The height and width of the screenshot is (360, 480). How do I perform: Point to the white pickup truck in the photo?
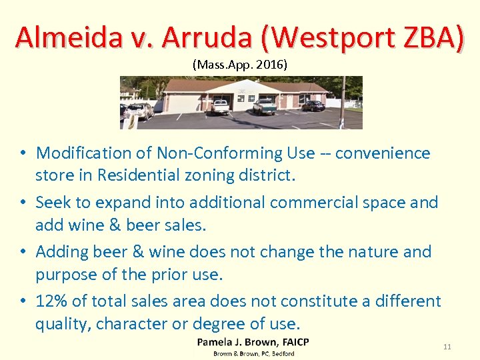[x=219, y=106]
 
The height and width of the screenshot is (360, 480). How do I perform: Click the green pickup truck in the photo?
[x=264, y=106]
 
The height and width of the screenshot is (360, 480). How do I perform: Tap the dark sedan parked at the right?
[x=313, y=105]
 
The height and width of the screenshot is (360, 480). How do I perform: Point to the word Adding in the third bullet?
[x=61, y=252]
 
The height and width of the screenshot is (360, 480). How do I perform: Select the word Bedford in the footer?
[x=281, y=353]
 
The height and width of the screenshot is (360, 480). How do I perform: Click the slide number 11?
[x=447, y=347]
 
